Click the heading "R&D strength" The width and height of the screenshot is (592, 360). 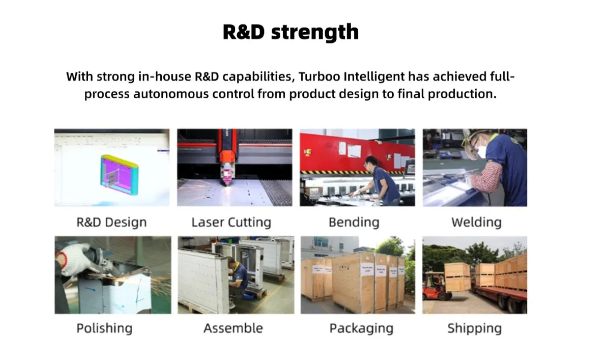(x=291, y=32)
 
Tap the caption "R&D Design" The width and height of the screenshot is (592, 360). (x=111, y=222)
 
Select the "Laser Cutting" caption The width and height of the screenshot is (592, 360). (x=231, y=222)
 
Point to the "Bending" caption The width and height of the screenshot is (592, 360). (x=354, y=222)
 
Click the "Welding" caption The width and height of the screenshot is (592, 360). (x=476, y=222)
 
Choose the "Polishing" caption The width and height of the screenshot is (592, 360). (x=105, y=328)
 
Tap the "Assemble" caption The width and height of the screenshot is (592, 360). (x=233, y=328)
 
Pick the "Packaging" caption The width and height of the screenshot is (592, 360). (x=361, y=328)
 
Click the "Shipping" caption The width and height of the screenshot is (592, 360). (x=475, y=328)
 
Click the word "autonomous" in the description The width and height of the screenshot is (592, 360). (x=171, y=94)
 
